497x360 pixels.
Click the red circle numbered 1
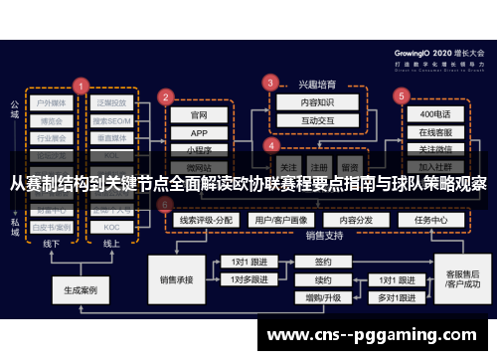point(80,86)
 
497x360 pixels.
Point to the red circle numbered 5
point(402,96)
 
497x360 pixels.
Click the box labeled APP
point(199,132)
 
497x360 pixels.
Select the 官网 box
point(199,114)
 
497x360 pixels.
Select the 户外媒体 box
point(51,102)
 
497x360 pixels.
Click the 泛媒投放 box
point(111,102)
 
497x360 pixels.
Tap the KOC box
point(111,226)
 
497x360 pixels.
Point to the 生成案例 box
point(81,291)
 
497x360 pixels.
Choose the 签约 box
point(323,263)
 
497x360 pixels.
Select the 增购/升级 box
point(323,296)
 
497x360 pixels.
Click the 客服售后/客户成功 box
point(463,279)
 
